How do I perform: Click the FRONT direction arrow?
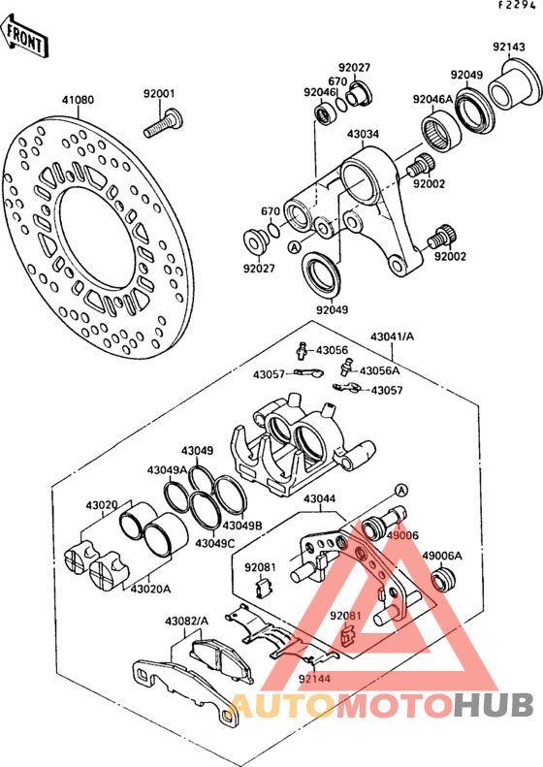click(x=24, y=37)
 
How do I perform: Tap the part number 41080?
click(x=78, y=100)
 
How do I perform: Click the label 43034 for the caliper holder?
click(x=363, y=134)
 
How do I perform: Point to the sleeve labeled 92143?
click(x=515, y=84)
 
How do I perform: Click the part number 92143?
click(x=509, y=47)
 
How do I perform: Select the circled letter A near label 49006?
click(x=400, y=490)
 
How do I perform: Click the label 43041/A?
click(x=392, y=336)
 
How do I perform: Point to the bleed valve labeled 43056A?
click(x=347, y=367)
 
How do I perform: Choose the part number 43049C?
click(x=215, y=543)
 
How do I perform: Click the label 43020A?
click(x=150, y=589)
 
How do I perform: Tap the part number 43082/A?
click(x=186, y=622)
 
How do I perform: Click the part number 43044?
click(x=319, y=499)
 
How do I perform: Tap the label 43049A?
click(x=168, y=470)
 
